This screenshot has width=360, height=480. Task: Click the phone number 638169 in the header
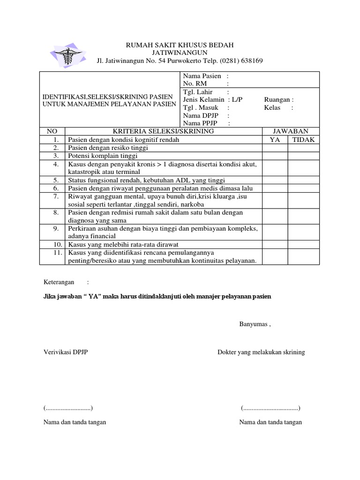pos(249,60)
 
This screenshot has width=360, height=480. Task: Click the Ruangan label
pos(279,99)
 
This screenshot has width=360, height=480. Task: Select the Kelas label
pos(272,107)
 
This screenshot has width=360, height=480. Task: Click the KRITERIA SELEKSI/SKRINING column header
pos(163,131)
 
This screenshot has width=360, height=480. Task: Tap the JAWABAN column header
pos(291,131)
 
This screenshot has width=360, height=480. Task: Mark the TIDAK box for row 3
pos(303,156)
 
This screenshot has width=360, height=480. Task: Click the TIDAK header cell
pos(303,140)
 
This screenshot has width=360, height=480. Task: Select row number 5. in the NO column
pos(55,180)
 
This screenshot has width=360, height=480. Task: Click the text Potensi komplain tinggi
pos(103,156)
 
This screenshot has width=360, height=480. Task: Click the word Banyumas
pos(254,324)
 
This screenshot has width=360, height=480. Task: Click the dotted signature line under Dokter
pos(270,408)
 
